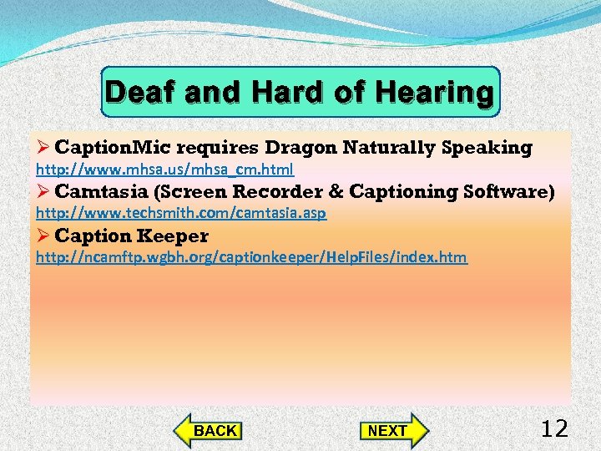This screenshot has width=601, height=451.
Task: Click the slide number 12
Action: (x=554, y=429)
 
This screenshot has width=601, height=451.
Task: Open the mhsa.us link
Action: (x=164, y=170)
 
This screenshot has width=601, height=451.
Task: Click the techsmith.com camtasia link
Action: (x=180, y=213)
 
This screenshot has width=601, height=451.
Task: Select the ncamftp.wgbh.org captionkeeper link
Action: (x=251, y=257)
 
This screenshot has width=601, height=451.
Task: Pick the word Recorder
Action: (x=277, y=191)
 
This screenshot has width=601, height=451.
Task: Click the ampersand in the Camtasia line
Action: (x=336, y=191)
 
